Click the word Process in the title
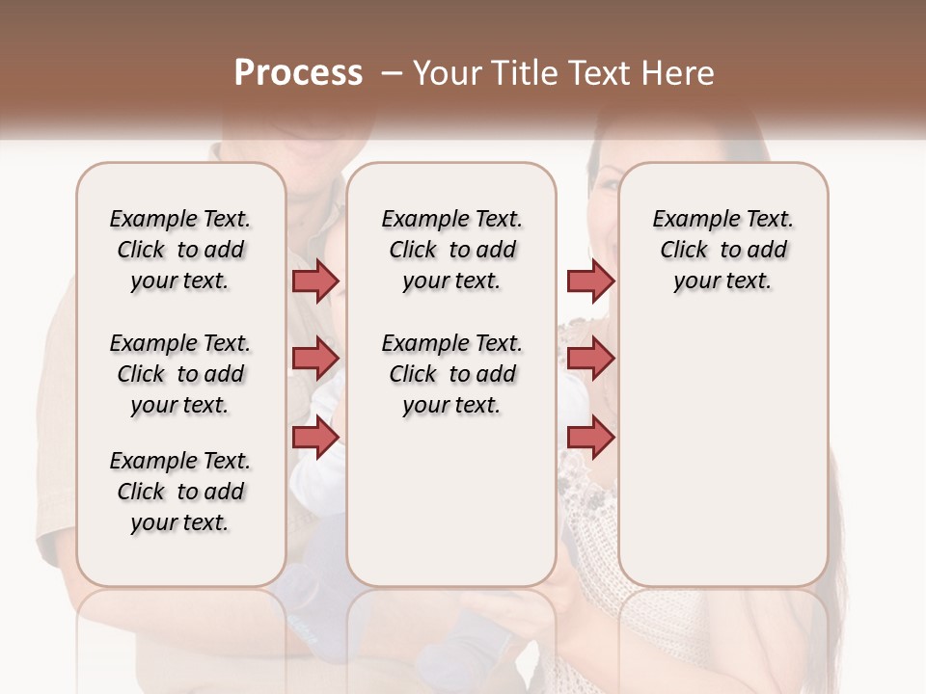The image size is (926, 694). [298, 73]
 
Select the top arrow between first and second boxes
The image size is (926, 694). [315, 280]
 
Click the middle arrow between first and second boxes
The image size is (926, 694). [315, 359]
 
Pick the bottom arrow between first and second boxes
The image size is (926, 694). [315, 437]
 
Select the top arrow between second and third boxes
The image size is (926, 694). [590, 280]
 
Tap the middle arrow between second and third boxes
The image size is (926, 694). [590, 359]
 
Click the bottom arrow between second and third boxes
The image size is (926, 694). [590, 437]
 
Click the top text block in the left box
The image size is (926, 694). [180, 250]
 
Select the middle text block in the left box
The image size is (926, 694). [180, 374]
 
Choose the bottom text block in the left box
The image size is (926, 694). [180, 492]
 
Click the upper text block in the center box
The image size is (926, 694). [451, 250]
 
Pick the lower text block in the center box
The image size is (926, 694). [451, 374]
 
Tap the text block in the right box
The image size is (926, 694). [722, 250]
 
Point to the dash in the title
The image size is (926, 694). [392, 73]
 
